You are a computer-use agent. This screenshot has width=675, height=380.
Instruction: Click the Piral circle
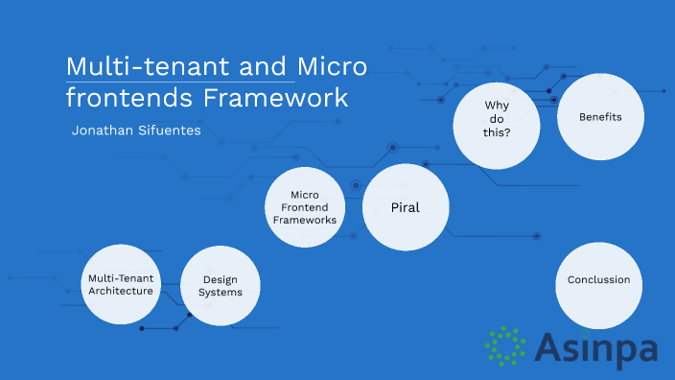(x=406, y=207)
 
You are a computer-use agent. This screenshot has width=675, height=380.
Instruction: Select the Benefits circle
(x=600, y=117)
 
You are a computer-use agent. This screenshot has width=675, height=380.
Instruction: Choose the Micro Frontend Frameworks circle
(x=305, y=206)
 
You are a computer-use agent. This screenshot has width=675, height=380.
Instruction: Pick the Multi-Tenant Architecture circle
(x=120, y=285)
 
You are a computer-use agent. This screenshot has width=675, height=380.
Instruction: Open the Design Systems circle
(x=221, y=286)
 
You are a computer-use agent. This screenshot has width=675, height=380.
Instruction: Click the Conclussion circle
(x=598, y=280)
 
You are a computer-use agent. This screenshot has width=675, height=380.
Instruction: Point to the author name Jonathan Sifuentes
(x=136, y=130)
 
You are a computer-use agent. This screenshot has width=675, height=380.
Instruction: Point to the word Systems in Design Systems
(x=221, y=293)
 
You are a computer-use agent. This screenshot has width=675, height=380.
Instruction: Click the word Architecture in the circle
(x=120, y=291)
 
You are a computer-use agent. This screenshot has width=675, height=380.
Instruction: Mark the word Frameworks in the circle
(x=305, y=220)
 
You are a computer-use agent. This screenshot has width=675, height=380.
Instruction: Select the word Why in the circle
(x=496, y=105)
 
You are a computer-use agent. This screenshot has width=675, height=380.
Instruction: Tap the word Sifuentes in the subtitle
(x=170, y=130)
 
